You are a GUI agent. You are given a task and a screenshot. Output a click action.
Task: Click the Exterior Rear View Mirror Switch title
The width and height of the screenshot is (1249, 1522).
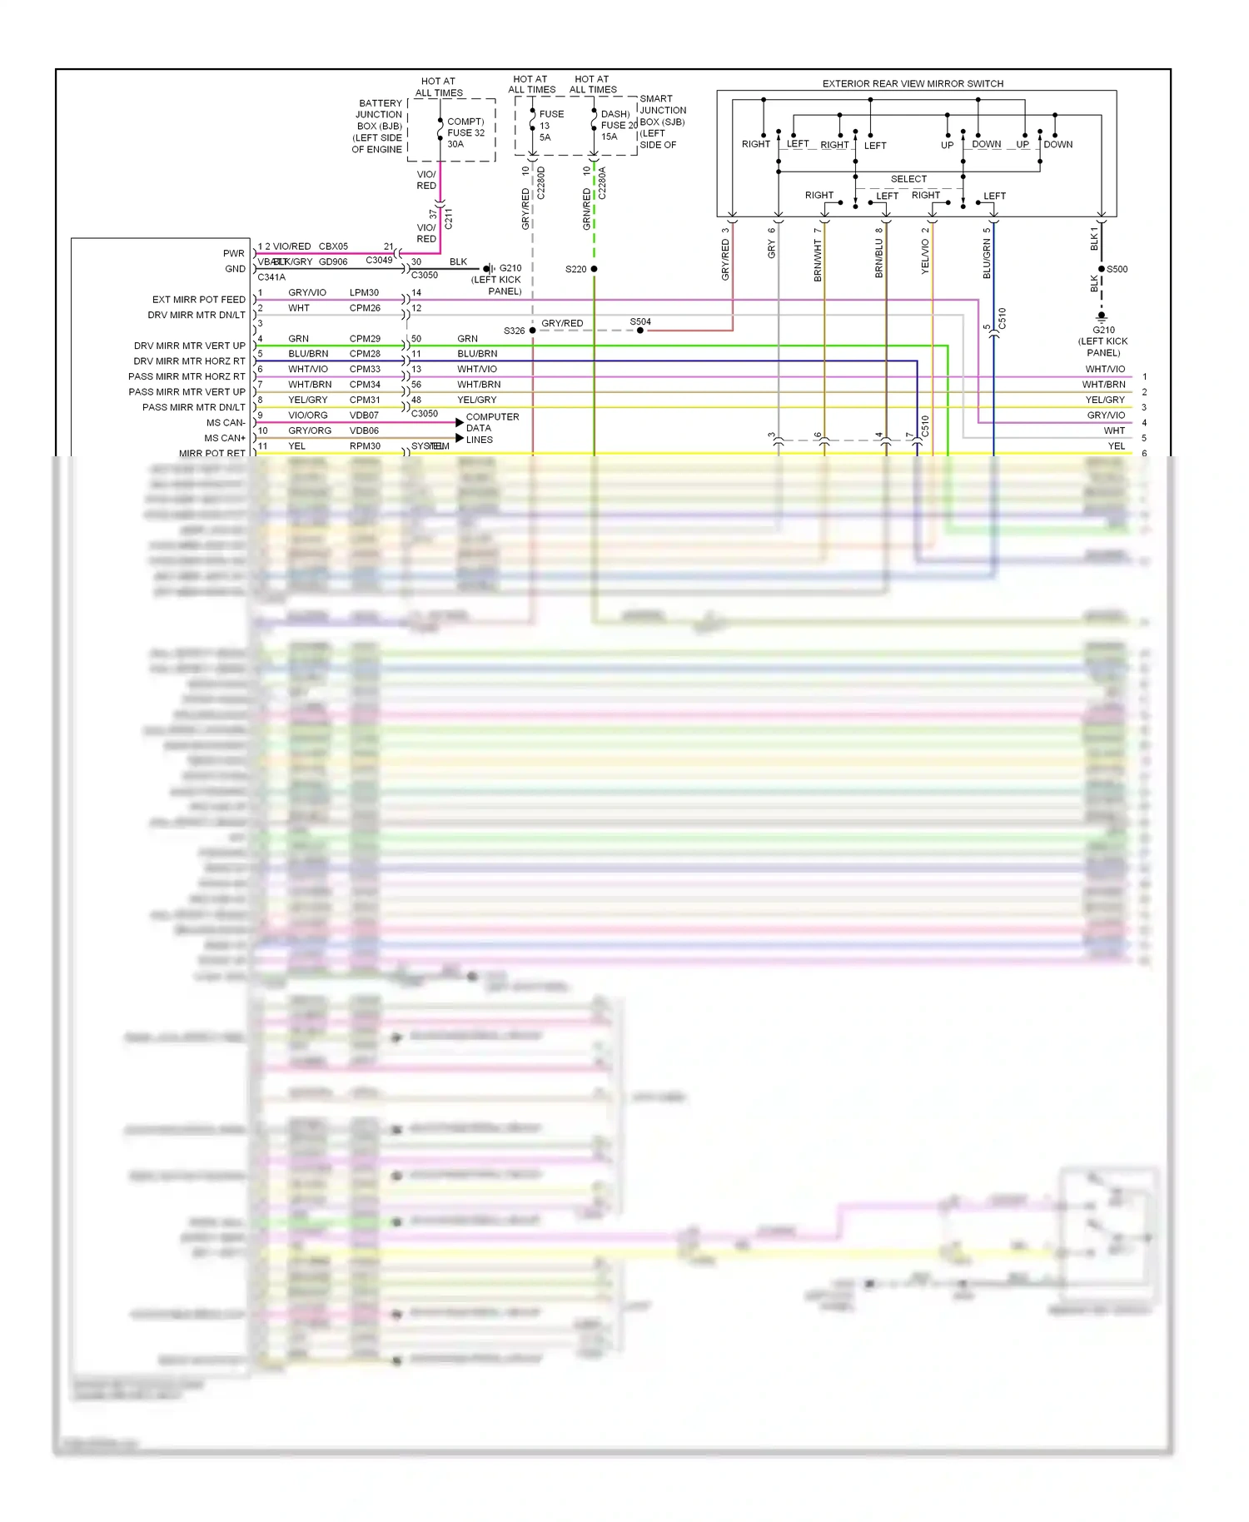pos(913,84)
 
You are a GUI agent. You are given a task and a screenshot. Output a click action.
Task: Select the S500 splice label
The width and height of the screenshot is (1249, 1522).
pos(1117,269)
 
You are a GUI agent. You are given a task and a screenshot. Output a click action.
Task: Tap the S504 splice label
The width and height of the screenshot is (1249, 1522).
pos(640,321)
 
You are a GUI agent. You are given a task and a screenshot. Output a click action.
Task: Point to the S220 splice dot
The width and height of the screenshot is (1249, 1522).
pos(594,269)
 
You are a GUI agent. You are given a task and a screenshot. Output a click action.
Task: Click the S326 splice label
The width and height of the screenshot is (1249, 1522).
pos(514,331)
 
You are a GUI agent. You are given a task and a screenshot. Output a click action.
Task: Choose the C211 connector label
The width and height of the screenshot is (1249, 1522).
pos(449,219)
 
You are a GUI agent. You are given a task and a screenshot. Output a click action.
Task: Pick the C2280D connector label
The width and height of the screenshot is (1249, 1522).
pos(540,183)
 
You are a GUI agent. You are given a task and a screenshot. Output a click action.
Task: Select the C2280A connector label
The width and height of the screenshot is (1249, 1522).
pos(602,183)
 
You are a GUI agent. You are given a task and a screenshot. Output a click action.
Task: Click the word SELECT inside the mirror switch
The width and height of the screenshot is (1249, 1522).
pos(908,179)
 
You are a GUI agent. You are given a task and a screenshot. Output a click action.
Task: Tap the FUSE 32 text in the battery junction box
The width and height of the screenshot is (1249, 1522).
pos(465,132)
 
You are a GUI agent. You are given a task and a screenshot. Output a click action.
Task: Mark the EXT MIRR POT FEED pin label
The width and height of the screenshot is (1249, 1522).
pos(198,300)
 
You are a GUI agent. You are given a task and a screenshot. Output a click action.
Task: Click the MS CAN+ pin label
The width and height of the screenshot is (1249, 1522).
pos(225,438)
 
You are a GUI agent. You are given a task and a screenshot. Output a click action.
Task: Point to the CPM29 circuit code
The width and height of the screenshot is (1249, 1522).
pos(365,339)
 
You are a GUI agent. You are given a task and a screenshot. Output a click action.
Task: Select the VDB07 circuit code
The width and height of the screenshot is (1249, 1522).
pos(364,415)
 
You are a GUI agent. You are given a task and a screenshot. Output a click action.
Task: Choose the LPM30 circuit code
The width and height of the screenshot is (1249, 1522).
pos(364,292)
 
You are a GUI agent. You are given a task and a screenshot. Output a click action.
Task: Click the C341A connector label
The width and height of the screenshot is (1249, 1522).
pos(271,277)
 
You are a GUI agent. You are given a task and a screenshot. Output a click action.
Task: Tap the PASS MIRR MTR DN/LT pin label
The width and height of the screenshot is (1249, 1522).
pos(193,407)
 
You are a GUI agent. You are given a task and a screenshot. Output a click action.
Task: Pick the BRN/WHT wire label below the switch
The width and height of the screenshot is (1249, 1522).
pos(818,261)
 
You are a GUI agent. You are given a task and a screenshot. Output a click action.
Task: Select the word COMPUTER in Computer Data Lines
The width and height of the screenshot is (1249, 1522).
pos(492,417)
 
